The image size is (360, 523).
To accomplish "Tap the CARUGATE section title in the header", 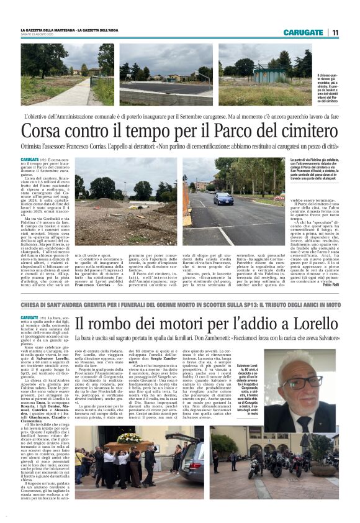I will click(303, 32).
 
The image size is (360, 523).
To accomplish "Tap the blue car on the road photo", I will click(223, 199).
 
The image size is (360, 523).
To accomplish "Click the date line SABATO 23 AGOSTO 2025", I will click(37, 35).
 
